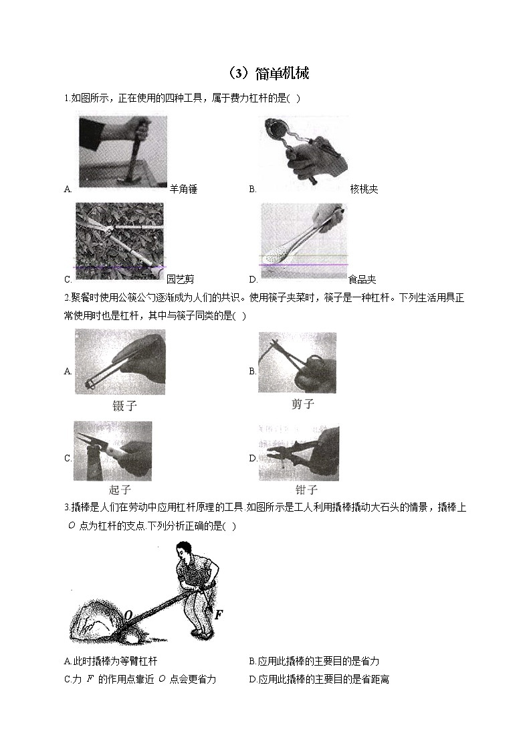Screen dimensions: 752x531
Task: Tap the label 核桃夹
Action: tap(364, 189)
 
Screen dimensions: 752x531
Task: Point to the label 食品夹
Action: tap(362, 279)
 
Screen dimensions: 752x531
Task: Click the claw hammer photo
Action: tap(122, 152)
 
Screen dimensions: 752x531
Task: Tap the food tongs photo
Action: tap(304, 242)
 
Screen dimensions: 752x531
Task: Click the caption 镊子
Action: tap(125, 406)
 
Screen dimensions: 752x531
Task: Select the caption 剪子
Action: tap(302, 404)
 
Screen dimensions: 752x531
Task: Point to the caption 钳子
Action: tap(306, 490)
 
